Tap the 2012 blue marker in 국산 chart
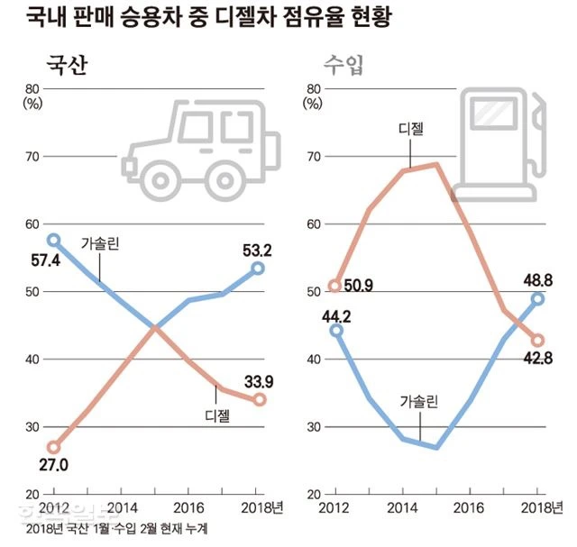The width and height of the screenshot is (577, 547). (x=53, y=241)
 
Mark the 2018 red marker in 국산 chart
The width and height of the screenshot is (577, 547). (x=260, y=399)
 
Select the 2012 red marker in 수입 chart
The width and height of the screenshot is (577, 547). (x=334, y=287)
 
